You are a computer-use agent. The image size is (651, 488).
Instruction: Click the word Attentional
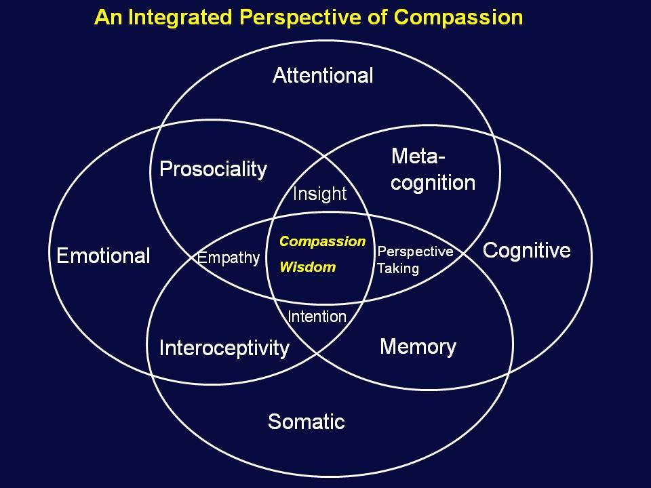tap(323, 75)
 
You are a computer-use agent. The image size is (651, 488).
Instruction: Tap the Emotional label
tap(103, 256)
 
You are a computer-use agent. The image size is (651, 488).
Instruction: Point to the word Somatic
tap(307, 422)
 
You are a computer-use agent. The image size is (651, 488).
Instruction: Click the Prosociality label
tap(214, 169)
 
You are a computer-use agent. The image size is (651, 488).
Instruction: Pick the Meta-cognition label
tap(433, 169)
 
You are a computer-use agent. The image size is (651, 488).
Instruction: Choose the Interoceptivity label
tap(224, 348)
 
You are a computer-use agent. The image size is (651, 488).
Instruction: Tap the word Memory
tap(418, 347)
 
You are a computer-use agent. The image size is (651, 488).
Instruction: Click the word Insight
tap(319, 195)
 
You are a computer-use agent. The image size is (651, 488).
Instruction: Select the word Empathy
tap(229, 258)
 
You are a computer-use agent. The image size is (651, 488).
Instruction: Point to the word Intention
tap(317, 317)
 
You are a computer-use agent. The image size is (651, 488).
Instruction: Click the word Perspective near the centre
tap(415, 252)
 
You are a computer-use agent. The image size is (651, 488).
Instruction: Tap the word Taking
tap(398, 268)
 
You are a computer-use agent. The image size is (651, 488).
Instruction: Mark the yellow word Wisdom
tap(308, 267)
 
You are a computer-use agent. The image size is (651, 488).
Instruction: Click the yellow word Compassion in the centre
tap(323, 241)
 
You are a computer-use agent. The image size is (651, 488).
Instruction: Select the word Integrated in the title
tap(180, 18)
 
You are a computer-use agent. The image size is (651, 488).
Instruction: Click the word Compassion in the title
tap(458, 18)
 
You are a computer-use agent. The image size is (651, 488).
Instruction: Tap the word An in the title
tap(108, 18)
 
